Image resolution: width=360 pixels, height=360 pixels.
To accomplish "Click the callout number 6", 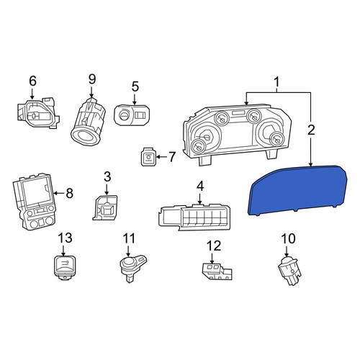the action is (32, 81).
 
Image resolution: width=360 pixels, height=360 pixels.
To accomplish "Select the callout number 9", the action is (92, 79).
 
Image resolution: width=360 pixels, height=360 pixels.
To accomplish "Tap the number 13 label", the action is (65, 238).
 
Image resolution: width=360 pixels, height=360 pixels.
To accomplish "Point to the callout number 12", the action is (214, 246).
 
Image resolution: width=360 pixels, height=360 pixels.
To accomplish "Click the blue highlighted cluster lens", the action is (297, 190).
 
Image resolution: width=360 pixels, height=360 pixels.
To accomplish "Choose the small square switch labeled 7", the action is (148, 157).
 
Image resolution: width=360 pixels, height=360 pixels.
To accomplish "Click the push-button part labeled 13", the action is (64, 268).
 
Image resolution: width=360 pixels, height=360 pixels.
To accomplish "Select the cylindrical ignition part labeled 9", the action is (88, 122).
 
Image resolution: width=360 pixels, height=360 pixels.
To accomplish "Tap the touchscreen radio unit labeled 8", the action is (35, 201).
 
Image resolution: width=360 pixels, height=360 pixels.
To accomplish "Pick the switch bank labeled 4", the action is (194, 217).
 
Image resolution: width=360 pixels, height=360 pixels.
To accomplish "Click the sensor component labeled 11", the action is (132, 269).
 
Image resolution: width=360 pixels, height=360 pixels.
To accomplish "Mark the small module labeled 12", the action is (217, 271).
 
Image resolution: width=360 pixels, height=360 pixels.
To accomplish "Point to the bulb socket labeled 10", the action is (290, 271).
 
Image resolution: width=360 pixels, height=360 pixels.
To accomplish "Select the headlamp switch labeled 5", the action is (132, 115).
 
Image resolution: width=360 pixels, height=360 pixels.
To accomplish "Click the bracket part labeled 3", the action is (105, 207).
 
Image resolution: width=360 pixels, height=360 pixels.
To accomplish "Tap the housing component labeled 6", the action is (38, 113).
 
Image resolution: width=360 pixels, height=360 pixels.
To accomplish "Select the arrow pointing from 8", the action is (58, 193).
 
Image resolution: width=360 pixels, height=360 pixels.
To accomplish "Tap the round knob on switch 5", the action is (124, 115).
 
